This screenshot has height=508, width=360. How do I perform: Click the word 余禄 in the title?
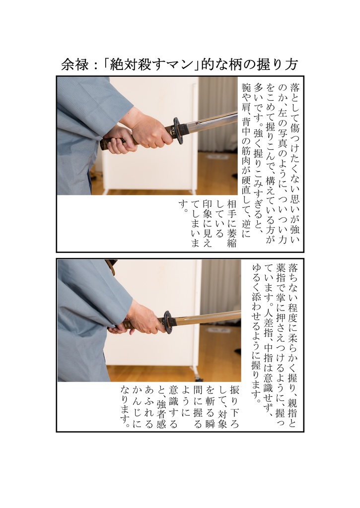[x=72, y=65]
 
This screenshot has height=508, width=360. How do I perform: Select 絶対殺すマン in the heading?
[x=147, y=65]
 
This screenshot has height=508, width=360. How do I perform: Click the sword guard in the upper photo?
[x=177, y=130]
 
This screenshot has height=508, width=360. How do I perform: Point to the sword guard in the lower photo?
[x=168, y=322]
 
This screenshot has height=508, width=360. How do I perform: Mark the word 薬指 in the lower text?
[x=281, y=275]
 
